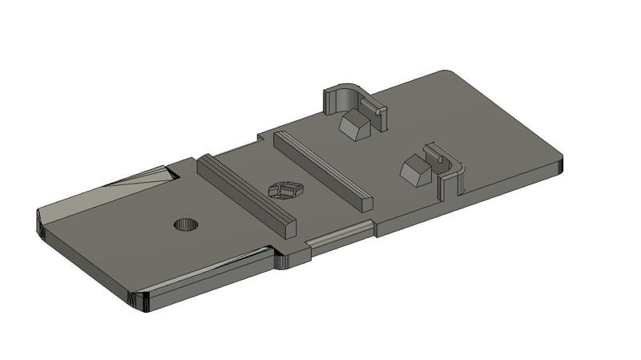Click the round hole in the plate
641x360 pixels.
(187, 224)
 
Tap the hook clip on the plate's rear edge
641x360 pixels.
(345, 96)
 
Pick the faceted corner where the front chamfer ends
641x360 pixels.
(138, 303)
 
